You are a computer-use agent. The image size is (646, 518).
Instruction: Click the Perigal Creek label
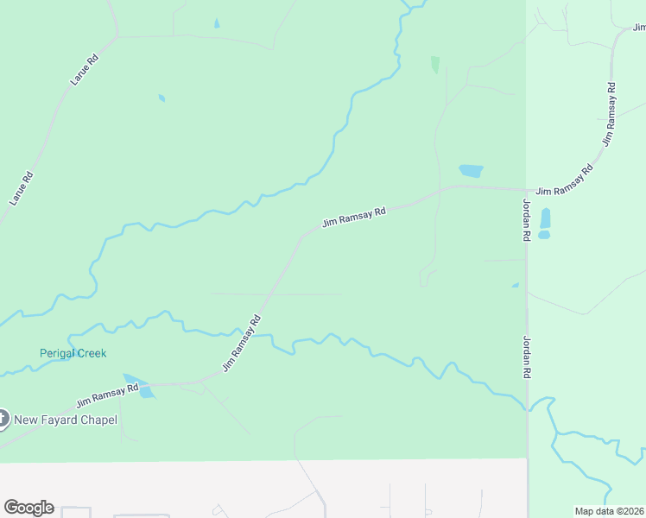click(73, 353)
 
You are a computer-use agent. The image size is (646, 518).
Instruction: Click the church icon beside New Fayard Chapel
click(2, 420)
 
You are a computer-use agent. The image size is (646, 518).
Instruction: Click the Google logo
click(28, 508)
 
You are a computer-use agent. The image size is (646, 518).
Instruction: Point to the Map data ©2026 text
click(609, 511)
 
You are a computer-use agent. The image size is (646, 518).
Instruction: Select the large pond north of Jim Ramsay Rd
click(471, 171)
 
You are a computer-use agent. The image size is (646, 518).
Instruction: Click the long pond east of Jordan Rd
click(545, 222)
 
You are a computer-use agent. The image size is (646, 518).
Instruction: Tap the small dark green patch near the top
click(435, 65)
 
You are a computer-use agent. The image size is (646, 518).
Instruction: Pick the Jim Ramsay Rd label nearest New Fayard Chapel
click(107, 396)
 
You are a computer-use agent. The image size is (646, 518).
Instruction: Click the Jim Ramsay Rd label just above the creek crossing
click(242, 344)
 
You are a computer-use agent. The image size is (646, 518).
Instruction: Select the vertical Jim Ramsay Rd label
click(610, 113)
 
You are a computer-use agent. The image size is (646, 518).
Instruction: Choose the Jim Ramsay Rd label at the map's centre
click(353, 217)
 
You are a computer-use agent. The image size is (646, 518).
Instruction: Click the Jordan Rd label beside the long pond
click(526, 220)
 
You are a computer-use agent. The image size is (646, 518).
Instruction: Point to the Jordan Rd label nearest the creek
click(526, 357)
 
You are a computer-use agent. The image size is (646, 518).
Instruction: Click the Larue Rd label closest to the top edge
click(84, 69)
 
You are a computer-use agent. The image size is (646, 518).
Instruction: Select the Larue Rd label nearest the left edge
click(22, 188)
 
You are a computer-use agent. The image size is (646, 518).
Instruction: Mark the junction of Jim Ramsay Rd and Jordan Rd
click(526, 190)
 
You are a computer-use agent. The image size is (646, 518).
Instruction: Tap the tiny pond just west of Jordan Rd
click(516, 286)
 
